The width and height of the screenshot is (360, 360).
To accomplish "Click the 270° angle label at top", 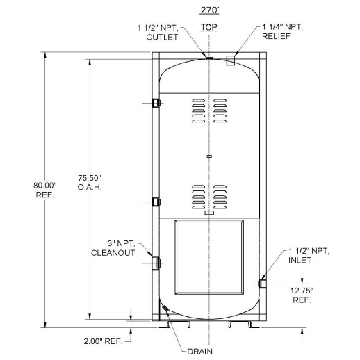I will [x=209, y=11].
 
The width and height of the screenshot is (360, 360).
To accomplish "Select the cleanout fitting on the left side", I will [x=156, y=263].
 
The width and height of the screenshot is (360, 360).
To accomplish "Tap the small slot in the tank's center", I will [x=209, y=158].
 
